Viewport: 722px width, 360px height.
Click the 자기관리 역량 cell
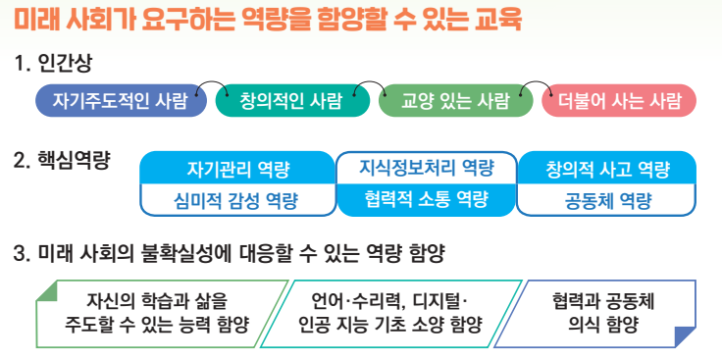tap(237, 168)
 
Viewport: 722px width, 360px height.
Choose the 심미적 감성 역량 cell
tap(237, 201)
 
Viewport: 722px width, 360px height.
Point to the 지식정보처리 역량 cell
tap(426, 168)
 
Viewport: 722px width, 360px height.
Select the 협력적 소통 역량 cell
tap(426, 201)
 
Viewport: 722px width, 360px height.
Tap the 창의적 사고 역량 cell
tap(607, 168)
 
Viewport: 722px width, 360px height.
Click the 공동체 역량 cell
tap(607, 201)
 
